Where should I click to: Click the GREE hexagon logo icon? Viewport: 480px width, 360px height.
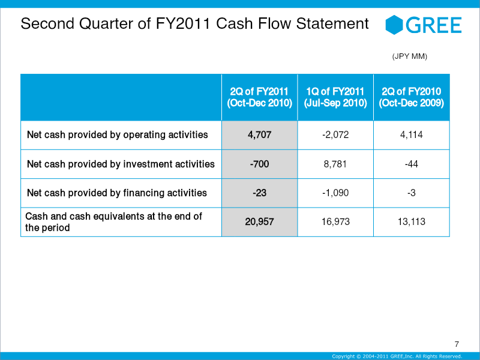(x=394, y=25)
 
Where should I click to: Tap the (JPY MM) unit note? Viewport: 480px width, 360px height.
(x=410, y=56)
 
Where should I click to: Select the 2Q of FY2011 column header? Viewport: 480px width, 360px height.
(x=259, y=97)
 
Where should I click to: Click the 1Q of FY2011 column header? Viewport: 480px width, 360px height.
(x=335, y=97)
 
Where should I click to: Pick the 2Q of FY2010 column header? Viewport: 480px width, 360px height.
(x=411, y=97)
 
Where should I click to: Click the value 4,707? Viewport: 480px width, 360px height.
(x=259, y=134)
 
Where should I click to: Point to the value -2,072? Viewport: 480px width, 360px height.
(x=335, y=134)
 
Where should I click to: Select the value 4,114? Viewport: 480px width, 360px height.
(x=411, y=134)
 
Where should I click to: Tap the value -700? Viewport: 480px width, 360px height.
(x=259, y=164)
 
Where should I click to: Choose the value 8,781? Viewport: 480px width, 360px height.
(x=335, y=164)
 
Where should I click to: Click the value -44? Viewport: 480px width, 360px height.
(x=411, y=164)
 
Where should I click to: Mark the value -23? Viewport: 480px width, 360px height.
(x=259, y=193)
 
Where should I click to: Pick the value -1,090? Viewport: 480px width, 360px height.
(x=335, y=193)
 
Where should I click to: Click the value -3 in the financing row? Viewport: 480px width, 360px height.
(x=411, y=193)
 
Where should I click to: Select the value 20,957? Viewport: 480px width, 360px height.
(x=259, y=221)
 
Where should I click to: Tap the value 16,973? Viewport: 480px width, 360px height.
(x=335, y=221)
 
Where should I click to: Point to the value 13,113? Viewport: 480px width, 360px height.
(x=411, y=221)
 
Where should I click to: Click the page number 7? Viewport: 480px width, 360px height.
(x=457, y=344)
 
